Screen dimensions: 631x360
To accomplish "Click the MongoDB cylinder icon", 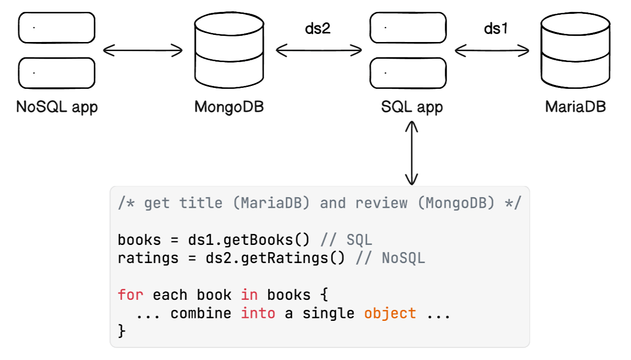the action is click(x=229, y=50).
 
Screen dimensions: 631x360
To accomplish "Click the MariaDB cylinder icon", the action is click(x=575, y=50).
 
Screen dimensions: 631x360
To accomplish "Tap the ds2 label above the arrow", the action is click(x=318, y=29).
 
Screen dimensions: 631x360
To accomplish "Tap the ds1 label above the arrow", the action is click(x=496, y=29).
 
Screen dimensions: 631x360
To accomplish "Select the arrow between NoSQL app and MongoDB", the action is click(x=143, y=51).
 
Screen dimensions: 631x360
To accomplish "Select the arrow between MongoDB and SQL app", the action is click(x=319, y=51).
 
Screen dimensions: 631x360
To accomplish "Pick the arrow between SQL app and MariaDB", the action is click(x=492, y=51).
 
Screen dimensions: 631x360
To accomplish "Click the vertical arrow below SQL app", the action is click(x=412, y=153).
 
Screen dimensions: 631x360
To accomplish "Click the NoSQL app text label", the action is click(x=57, y=107).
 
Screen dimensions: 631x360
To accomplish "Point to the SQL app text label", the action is click(x=412, y=107).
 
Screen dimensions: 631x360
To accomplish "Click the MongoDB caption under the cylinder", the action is click(x=229, y=107).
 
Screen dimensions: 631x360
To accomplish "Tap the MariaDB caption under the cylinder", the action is click(x=575, y=106).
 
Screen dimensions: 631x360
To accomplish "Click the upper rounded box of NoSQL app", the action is click(x=57, y=28).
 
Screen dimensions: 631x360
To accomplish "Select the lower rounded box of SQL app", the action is click(x=408, y=73).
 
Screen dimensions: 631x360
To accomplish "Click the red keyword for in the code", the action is click(x=130, y=295).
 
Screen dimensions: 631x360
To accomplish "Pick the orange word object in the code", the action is click(x=390, y=314).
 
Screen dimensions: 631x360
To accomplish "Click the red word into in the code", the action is click(x=258, y=313).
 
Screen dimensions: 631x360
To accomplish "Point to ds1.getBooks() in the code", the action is click(x=249, y=240).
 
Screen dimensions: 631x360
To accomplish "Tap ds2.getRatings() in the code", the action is click(x=275, y=258).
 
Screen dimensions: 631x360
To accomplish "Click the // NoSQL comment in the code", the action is click(x=390, y=258).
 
